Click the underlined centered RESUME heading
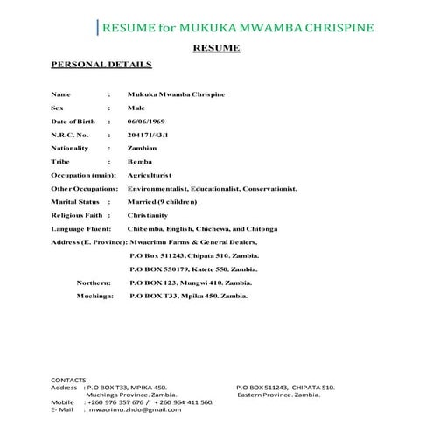(216, 48)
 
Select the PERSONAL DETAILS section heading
(101, 65)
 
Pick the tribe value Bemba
(142, 163)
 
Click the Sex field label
(58, 106)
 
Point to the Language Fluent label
(81, 227)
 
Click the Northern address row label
(94, 283)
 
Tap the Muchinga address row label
(94, 297)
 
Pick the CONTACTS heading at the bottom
(70, 378)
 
